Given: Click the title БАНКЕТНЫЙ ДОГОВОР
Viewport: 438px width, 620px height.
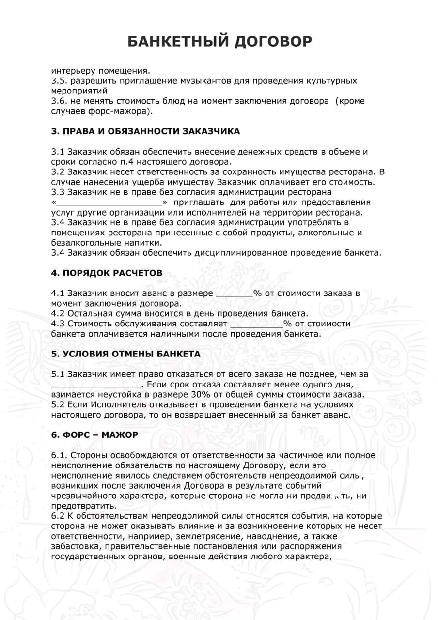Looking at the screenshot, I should [219, 41].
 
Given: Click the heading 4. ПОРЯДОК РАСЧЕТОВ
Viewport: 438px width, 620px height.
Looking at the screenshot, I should [107, 273].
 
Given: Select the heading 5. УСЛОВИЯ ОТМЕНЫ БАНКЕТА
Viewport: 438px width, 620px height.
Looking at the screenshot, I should [125, 354].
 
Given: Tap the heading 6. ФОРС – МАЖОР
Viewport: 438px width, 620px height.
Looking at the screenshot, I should [94, 435].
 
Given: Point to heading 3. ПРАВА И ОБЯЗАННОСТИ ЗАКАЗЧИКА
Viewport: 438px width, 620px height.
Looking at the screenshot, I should [145, 131].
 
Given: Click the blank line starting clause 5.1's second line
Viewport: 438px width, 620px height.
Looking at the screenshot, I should [96, 386].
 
